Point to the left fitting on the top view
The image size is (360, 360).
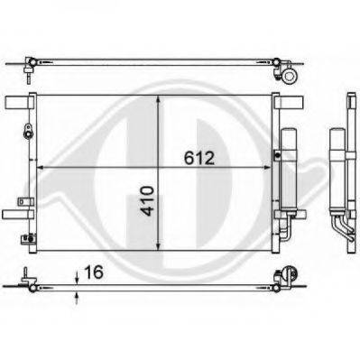click(29, 63)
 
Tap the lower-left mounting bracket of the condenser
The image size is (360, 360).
click(13, 214)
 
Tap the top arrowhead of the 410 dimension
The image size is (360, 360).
click(160, 97)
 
